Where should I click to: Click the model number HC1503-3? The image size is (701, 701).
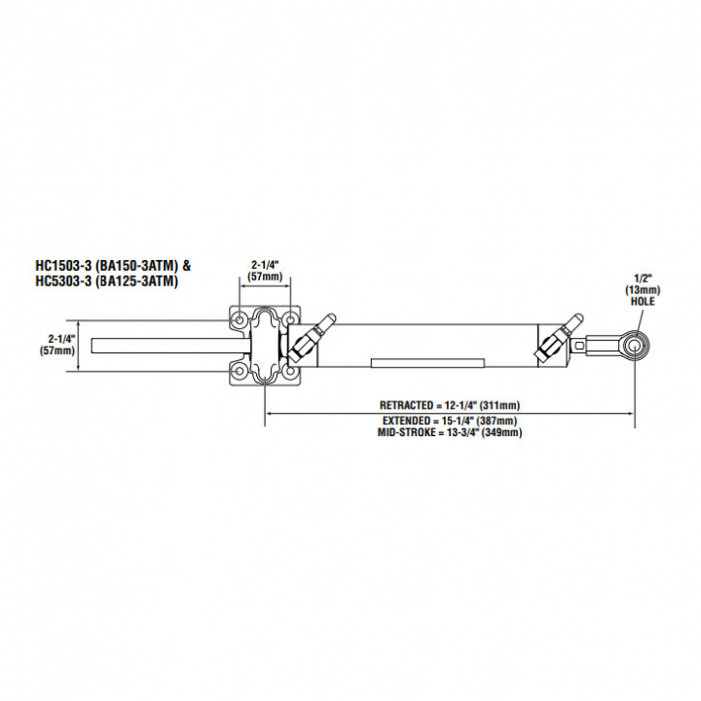point(65,265)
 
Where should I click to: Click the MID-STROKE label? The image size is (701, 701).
point(408,431)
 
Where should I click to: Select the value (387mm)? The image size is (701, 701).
point(497,421)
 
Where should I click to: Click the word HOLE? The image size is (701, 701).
point(642,301)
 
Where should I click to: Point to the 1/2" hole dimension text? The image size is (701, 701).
point(642,279)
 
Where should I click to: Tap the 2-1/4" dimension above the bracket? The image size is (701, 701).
point(265,270)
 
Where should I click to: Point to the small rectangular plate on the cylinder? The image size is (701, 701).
point(427,362)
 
